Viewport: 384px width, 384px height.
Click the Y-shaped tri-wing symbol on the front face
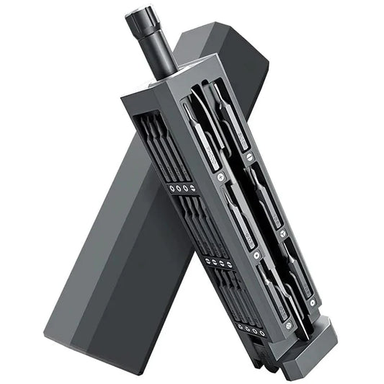pos(255,255)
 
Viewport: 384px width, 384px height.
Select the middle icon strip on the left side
pos(217,262)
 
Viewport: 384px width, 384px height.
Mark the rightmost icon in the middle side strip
pos(228,266)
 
